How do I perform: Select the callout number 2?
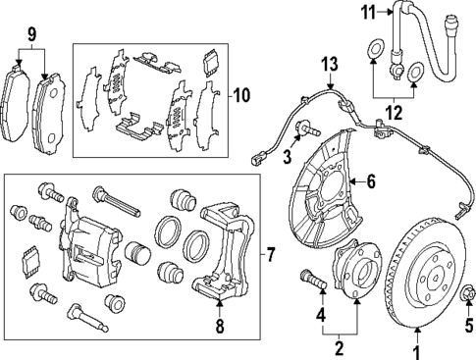[x=340, y=347]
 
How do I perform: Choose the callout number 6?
[x=371, y=180]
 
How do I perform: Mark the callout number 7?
[x=272, y=256]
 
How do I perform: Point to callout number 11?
[x=368, y=14]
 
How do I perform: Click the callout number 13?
[x=329, y=65]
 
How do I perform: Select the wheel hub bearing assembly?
[x=354, y=283]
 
